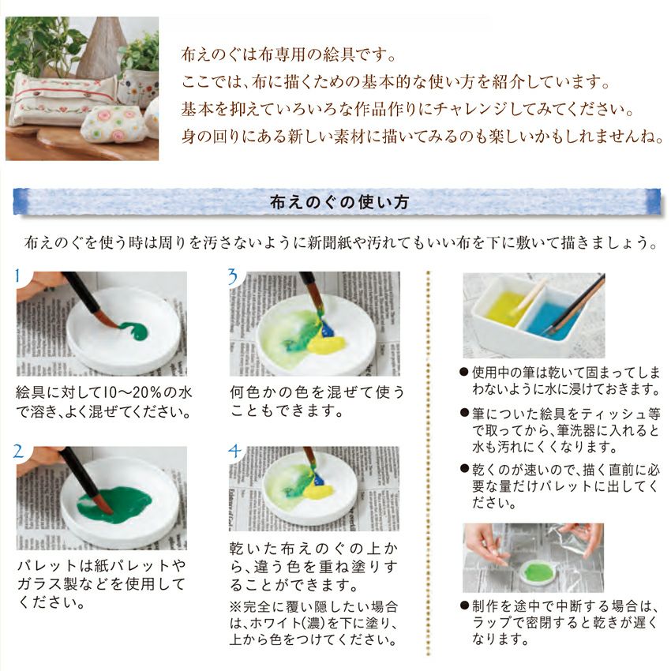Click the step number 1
coord(17,276)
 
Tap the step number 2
coord(19,452)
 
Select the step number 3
coord(233,276)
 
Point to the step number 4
coord(234,451)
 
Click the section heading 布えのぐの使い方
coord(339,202)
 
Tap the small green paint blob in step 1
coord(133,330)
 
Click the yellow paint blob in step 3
coord(327,343)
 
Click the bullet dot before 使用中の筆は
coord(464,372)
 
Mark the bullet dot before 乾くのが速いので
coord(464,469)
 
